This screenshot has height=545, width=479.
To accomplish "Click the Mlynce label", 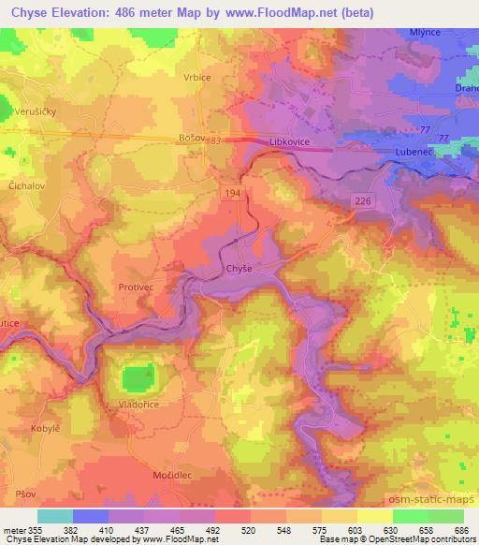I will [426, 32].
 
